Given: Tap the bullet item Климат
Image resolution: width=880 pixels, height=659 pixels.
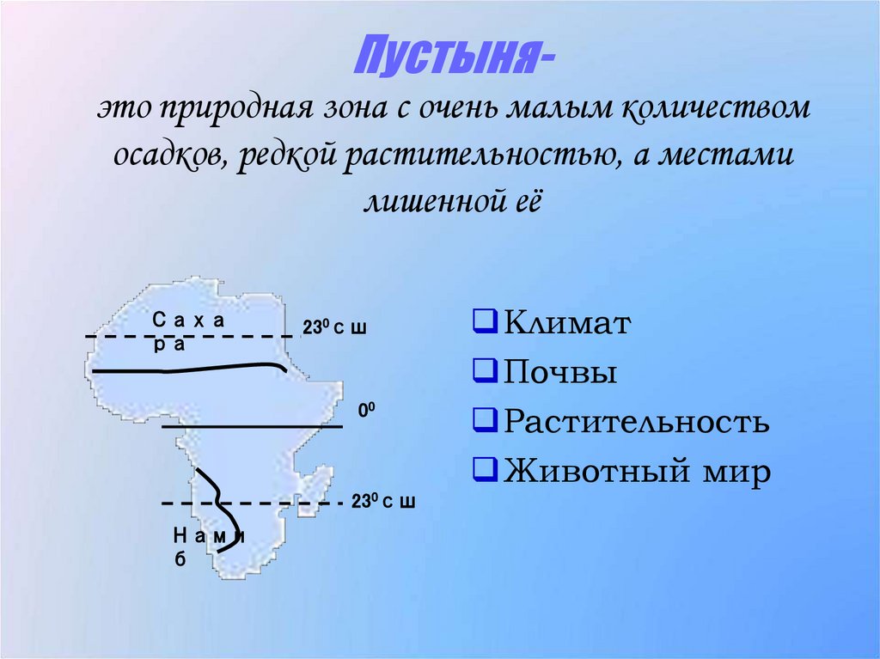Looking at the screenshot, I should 567,324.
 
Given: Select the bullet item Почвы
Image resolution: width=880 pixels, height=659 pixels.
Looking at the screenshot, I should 560,373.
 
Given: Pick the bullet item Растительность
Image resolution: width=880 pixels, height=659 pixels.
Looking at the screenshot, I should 636,422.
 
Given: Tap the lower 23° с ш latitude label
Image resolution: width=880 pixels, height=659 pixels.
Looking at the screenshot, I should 382,503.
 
